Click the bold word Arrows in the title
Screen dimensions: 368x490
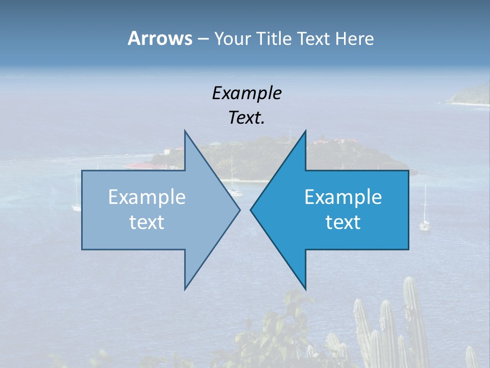[x=160, y=38]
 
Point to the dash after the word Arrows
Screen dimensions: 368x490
[x=203, y=39]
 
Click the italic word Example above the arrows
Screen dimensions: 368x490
[x=247, y=93]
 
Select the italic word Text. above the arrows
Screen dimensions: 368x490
[x=247, y=118]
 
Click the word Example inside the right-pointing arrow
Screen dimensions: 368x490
[x=147, y=197]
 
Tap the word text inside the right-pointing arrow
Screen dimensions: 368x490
[x=147, y=222]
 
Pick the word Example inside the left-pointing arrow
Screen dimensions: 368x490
[x=343, y=197]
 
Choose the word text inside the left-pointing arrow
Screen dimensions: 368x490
[x=343, y=222]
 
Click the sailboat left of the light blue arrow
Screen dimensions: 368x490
[x=77, y=202]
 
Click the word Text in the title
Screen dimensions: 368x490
[x=313, y=39]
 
